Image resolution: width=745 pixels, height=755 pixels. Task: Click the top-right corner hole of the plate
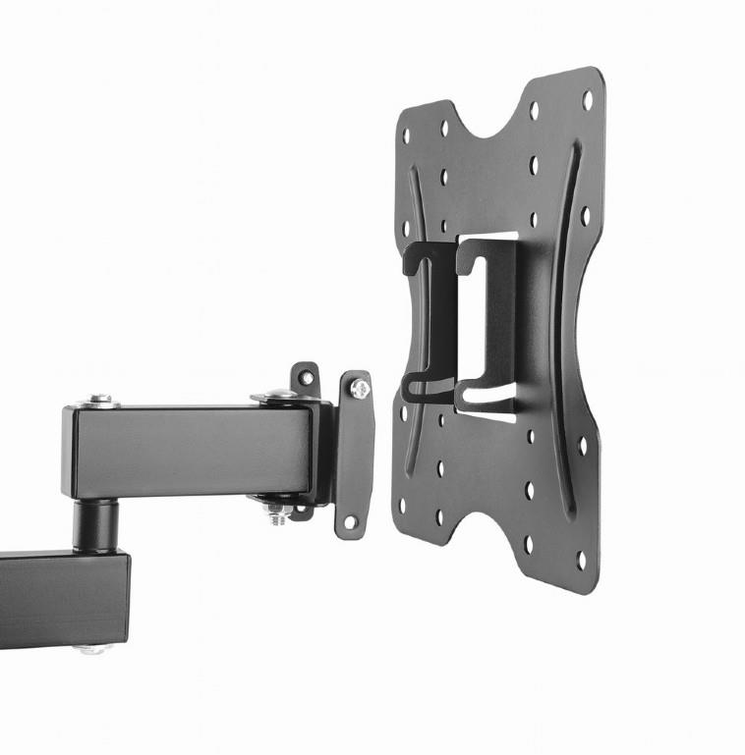[588, 99]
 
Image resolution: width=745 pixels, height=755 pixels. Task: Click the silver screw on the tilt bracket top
[357, 390]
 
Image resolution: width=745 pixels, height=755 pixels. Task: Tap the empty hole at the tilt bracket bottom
[348, 521]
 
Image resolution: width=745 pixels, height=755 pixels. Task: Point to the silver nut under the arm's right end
[277, 512]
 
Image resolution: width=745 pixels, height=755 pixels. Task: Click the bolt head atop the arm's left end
[99, 401]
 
